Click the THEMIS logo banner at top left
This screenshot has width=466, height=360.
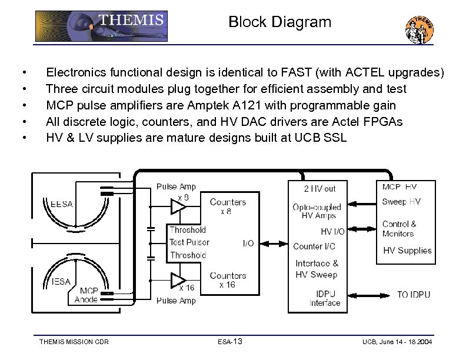pos(101,26)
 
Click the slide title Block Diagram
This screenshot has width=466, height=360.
pos(279,22)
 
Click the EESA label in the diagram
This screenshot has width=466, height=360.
pos(61,204)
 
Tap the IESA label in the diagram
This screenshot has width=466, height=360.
pos(61,281)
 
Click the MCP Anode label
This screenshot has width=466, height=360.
pos(86,295)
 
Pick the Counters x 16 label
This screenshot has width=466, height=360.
pos(228,280)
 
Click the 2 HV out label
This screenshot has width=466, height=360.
pos(319,189)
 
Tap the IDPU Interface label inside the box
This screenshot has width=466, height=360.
pos(325,298)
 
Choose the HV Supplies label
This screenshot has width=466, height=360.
pos(407,251)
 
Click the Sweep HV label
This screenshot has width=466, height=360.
pos(401,202)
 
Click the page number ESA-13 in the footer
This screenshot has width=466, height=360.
pos(230,342)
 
